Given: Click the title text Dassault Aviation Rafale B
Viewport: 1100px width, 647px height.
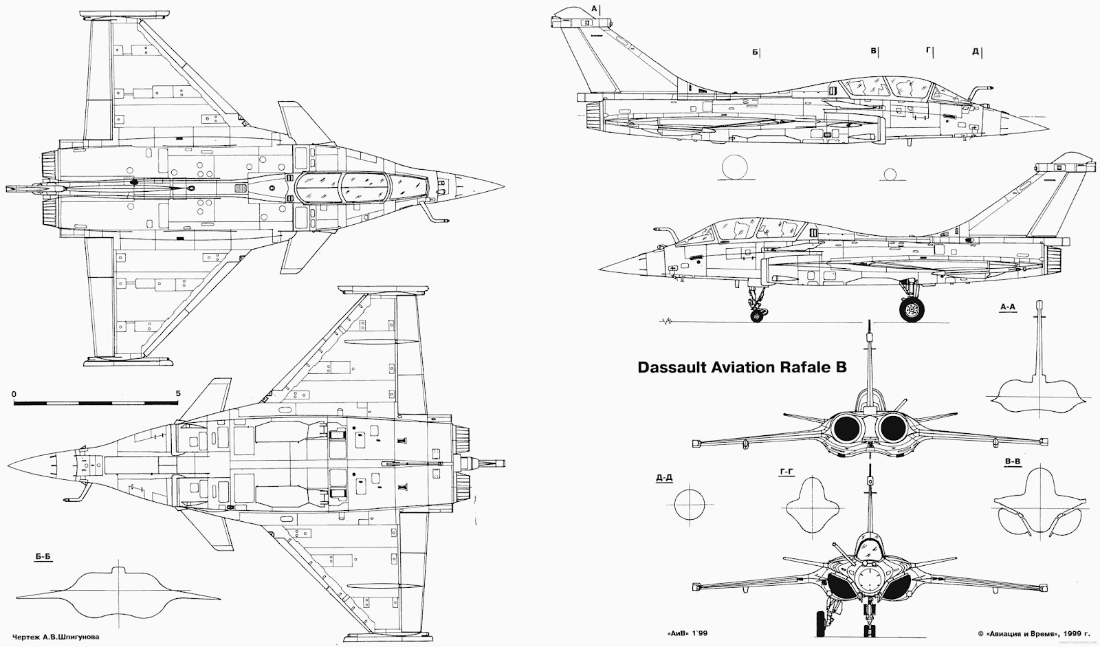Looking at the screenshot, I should coord(742,367).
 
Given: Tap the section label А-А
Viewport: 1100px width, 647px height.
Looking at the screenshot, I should coord(1007,307).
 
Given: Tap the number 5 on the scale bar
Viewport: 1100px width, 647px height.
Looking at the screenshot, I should coord(178,393).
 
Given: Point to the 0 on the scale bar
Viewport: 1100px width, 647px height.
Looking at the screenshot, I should coord(14,393).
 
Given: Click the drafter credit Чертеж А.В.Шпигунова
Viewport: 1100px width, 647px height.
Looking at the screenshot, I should coord(50,637).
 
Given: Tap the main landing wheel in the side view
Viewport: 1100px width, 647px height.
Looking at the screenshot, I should coord(912,310).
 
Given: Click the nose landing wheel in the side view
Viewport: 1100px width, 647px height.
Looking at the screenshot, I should coord(757,316).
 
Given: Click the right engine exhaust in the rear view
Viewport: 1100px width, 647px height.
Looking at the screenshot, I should coord(894,430).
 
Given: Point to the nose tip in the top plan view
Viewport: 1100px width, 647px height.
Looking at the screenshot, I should coord(504,186).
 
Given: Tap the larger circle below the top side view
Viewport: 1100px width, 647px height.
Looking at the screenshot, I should coord(734,169).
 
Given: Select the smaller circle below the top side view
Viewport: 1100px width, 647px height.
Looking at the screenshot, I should coord(891,174).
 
